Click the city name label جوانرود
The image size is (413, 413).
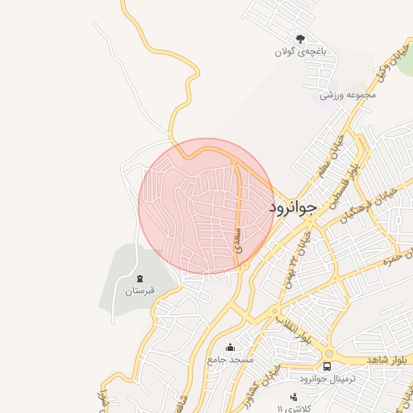pyautogui.click(x=296, y=208)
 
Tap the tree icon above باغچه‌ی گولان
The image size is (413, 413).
pyautogui.click(x=300, y=38)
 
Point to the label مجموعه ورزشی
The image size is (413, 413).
pyautogui.click(x=348, y=94)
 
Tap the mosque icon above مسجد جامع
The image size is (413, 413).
pyautogui.click(x=231, y=348)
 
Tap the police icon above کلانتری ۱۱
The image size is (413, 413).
pyautogui.click(x=293, y=398)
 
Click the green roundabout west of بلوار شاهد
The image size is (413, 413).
pyautogui.click(x=328, y=353)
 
